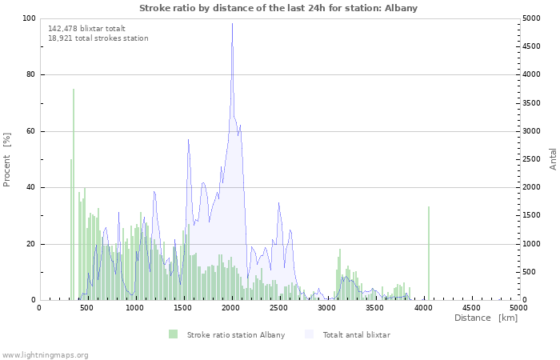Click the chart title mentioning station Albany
click(x=278, y=8)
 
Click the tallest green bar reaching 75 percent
click(x=74, y=194)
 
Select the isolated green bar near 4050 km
click(x=429, y=253)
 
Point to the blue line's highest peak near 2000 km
click(x=232, y=23)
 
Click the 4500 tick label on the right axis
click(x=531, y=46)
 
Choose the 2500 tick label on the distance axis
click(x=278, y=308)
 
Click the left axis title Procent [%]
click(x=6, y=160)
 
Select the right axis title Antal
click(x=553, y=159)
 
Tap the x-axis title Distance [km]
click(x=486, y=318)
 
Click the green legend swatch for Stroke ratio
click(x=174, y=334)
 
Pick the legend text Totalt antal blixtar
click(x=357, y=335)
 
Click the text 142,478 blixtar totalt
click(x=86, y=29)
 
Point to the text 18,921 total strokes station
click(x=98, y=38)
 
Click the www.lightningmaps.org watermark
click(x=44, y=355)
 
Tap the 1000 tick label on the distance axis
click(x=134, y=308)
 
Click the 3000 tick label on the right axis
click(x=531, y=131)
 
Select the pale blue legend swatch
click(x=309, y=334)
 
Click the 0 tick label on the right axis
click(x=524, y=300)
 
